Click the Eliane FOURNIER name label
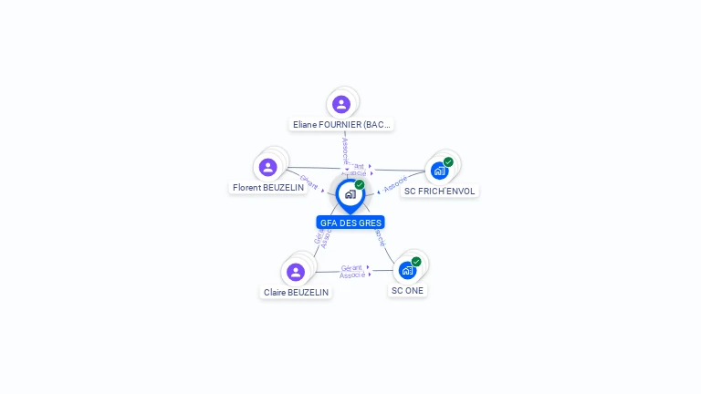[341, 124]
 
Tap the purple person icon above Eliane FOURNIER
[341, 104]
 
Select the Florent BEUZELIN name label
[268, 188]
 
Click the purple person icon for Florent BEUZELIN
[267, 167]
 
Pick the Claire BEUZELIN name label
[296, 293]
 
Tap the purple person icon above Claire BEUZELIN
[295, 272]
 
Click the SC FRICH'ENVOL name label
[440, 192]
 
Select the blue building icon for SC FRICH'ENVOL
[439, 171]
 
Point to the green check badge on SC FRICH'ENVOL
[448, 162]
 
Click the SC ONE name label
[407, 291]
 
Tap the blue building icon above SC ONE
[407, 270]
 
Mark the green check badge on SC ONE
[416, 262]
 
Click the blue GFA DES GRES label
[350, 223]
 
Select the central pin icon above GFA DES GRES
[350, 194]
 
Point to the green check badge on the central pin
[360, 185]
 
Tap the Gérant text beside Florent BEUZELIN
[309, 182]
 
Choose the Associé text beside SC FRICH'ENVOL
[395, 184]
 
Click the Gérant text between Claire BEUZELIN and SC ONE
[351, 267]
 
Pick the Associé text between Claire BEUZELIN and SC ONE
[352, 275]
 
